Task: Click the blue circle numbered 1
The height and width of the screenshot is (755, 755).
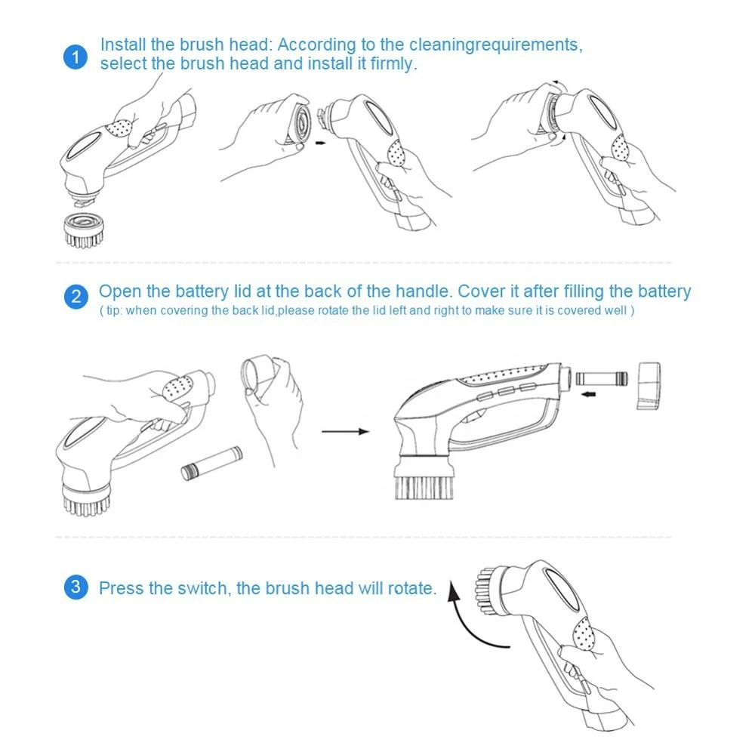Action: point(75,57)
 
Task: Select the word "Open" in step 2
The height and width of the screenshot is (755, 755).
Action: point(119,291)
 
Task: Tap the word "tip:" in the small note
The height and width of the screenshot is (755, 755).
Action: point(114,311)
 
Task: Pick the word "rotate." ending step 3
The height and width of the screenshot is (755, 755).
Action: point(411,588)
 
